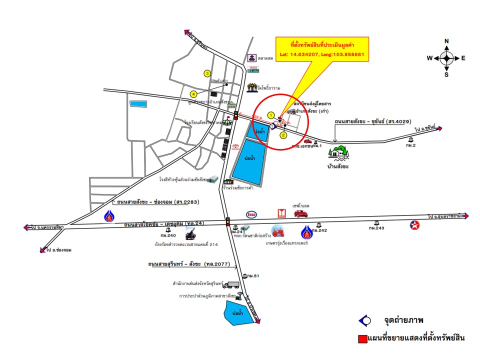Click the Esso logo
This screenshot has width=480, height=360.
(253, 214)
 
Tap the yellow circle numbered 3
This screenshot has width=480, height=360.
(207, 73)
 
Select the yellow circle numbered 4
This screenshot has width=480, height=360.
(193, 93)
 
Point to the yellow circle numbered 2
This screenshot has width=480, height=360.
(283, 135)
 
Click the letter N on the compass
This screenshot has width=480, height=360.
(446, 41)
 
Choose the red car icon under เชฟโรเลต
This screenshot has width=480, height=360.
(301, 214)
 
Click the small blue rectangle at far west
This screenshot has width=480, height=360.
(136, 104)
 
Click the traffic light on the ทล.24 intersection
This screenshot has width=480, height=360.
(228, 220)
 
